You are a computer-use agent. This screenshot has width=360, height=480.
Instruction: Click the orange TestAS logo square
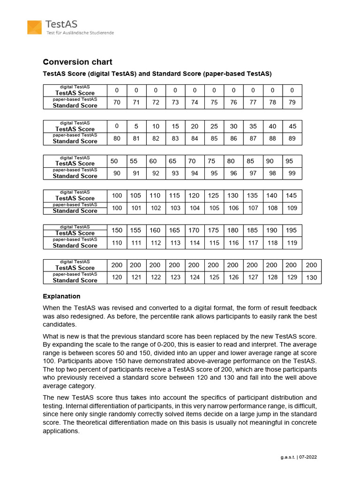[34, 27]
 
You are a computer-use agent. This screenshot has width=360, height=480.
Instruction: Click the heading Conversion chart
[77, 62]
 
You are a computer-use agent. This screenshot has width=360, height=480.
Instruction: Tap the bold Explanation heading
[61, 296]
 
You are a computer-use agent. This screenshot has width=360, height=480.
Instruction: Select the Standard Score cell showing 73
[175, 103]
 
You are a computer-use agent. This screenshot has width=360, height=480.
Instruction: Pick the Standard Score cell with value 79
[292, 103]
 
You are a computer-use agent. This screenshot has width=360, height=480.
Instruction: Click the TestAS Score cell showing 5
[136, 126]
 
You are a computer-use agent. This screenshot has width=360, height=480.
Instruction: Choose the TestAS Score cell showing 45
[292, 126]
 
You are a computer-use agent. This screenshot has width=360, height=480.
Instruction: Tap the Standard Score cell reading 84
[195, 139]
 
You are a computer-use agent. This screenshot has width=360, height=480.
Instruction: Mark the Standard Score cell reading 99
[292, 173]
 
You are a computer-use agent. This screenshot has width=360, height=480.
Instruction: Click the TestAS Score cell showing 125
[214, 195]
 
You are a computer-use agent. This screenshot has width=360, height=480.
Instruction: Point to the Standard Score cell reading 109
[292, 208]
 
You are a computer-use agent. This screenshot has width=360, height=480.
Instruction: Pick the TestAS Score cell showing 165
[175, 230]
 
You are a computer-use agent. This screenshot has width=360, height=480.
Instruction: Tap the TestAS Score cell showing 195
[292, 230]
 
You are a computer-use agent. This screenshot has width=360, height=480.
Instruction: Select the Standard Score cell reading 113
[175, 243]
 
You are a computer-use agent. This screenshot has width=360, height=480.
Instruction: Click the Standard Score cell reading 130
[311, 277]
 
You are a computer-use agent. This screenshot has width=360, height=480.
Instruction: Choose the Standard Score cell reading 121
[136, 277]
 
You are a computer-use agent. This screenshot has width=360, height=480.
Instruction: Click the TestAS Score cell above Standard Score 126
[233, 265]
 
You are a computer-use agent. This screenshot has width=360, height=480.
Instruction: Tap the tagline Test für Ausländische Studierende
[80, 32]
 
